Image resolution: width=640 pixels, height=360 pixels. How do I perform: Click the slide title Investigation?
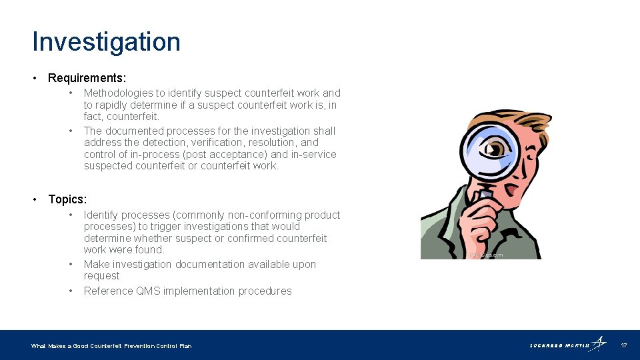tap(106, 42)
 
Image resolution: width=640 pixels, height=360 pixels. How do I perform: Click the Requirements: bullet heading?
tap(87, 78)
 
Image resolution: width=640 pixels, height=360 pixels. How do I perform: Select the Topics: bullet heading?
tap(67, 199)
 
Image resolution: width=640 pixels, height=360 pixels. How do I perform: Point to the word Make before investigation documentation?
tap(96, 265)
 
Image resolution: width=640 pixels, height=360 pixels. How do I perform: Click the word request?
tap(101, 276)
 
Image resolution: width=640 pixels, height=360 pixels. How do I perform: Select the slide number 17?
tap(623, 345)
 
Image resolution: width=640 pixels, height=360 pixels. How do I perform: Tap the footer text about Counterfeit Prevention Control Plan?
tap(111, 346)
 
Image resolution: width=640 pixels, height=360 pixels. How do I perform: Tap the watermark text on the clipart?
tap(486, 255)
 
